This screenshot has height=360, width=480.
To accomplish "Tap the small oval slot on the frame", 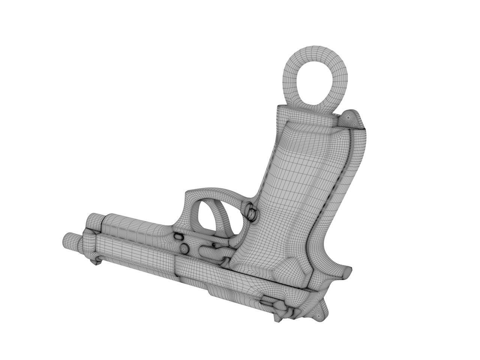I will [x=178, y=236].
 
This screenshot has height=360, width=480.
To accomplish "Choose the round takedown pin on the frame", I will [x=184, y=248].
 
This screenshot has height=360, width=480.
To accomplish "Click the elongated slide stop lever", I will [x=214, y=251].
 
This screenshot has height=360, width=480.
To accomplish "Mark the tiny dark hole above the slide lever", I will [x=214, y=244].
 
